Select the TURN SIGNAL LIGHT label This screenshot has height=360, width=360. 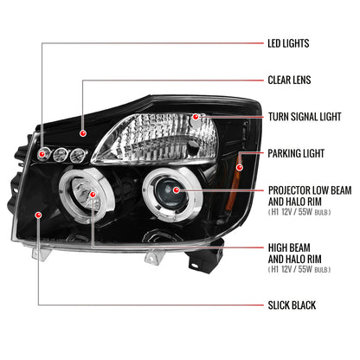[308, 117]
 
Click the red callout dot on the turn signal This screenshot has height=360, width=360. [196, 116]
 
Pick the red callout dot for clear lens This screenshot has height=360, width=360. [83, 134]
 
